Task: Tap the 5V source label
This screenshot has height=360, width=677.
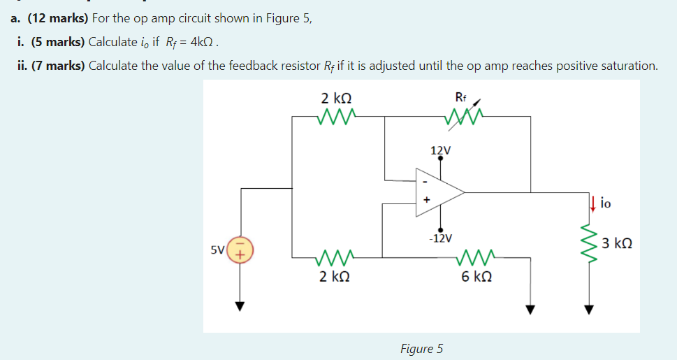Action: coord(218,250)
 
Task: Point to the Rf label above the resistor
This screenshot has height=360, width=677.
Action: coord(460,97)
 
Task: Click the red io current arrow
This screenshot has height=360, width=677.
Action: coord(592,203)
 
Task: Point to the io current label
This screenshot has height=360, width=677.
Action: coord(605,203)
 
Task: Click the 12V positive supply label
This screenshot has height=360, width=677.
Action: coord(440,150)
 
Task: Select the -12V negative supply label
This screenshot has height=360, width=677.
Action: coord(439,238)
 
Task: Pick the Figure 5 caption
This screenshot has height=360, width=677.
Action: coord(421,348)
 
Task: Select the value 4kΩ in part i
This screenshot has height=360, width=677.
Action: coord(202,42)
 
